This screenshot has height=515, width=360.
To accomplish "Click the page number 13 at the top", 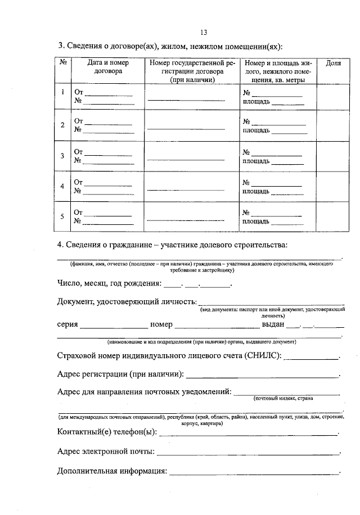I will click(204, 32).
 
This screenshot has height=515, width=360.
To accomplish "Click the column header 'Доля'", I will click(333, 64).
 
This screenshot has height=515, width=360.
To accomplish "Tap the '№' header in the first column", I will click(62, 64).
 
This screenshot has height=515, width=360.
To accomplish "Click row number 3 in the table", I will click(62, 156).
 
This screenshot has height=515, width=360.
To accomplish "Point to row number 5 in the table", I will click(62, 216).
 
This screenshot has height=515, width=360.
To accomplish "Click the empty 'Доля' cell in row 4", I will click(333, 186).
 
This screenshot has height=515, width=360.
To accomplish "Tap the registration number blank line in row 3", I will click(186, 160).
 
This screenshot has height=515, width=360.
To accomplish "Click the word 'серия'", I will click(67, 324).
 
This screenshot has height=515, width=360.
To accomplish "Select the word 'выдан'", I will click(273, 324).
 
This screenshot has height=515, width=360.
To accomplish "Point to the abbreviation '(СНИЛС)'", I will click(263, 356).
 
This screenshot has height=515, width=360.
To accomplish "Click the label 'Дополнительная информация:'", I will click(112, 471).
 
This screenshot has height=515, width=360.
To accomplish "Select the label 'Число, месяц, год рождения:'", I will click(110, 283).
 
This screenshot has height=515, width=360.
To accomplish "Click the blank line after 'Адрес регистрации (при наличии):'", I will click(263, 376).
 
